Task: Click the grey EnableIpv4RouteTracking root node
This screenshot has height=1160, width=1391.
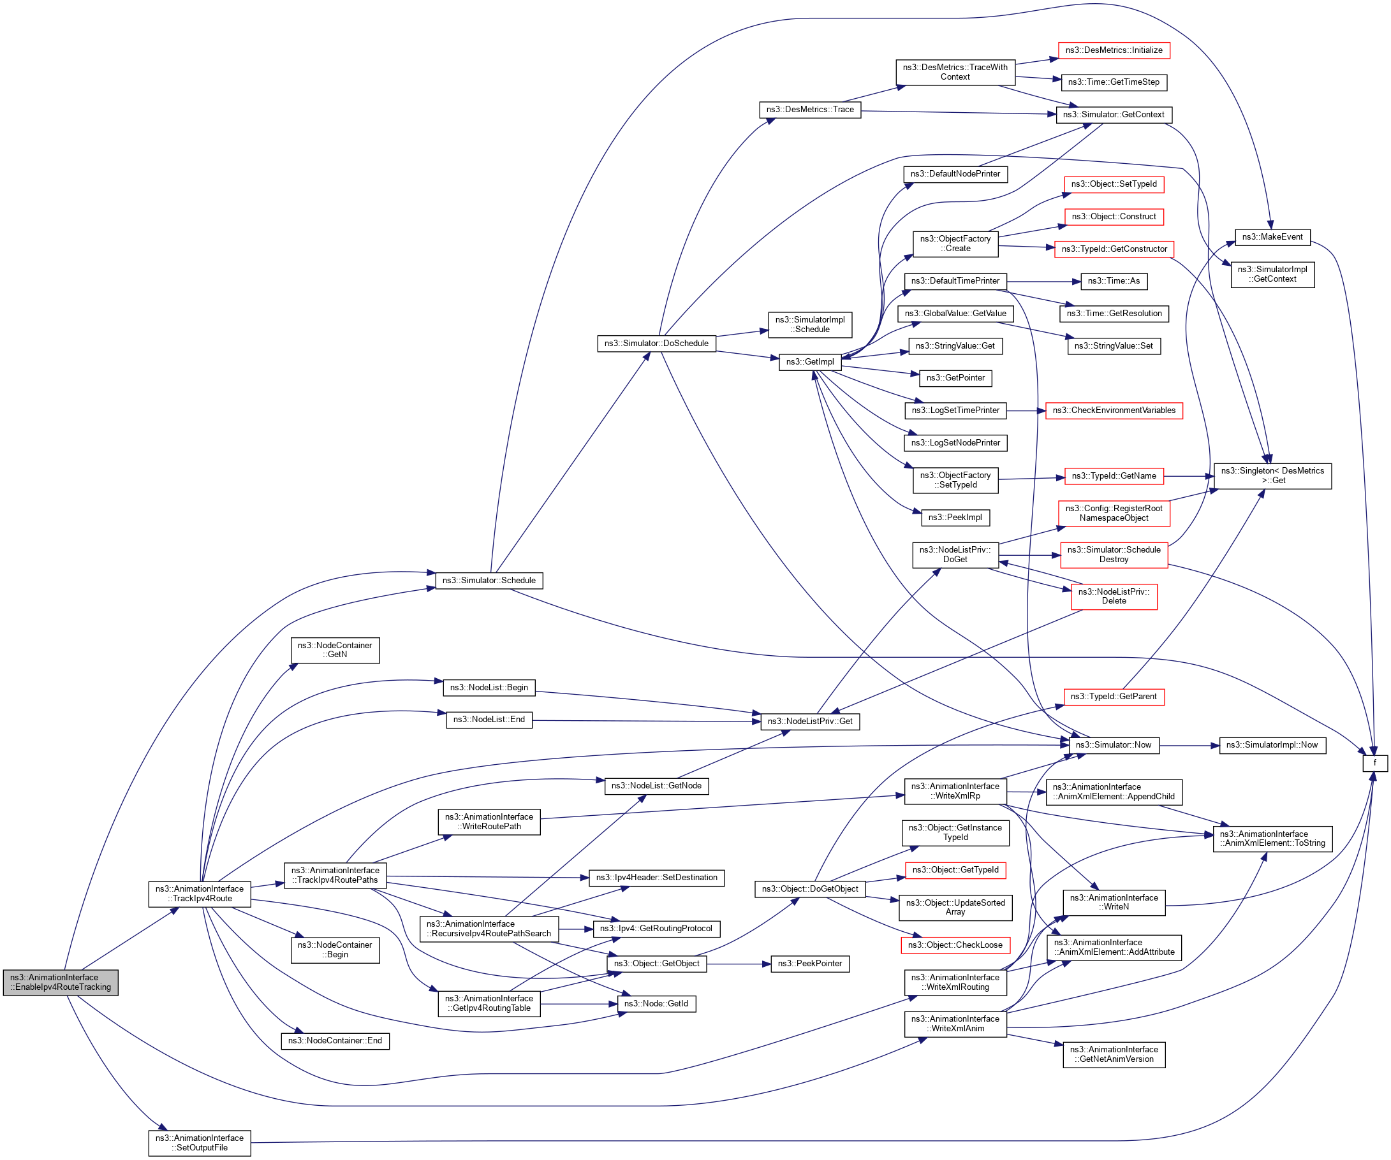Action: pos(61,983)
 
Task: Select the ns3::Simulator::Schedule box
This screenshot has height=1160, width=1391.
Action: pos(489,581)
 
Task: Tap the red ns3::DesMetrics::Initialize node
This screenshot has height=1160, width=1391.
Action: pos(1114,50)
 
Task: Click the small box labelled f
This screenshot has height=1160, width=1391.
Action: pos(1374,763)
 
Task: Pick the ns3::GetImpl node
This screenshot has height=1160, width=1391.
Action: pos(809,362)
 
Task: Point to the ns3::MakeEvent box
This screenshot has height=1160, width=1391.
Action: pos(1272,237)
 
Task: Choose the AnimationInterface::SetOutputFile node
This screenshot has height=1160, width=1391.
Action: pos(200,1143)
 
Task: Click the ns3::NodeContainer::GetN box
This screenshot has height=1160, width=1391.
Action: pos(335,650)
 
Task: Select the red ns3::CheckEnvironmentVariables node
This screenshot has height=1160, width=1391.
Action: pos(1114,410)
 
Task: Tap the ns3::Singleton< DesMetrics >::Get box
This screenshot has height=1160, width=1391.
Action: pos(1272,476)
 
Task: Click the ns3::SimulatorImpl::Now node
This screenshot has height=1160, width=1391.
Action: pos(1272,746)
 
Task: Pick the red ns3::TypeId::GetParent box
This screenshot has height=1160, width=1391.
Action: pos(1114,697)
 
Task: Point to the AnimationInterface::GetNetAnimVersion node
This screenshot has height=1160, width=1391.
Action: pos(1114,1055)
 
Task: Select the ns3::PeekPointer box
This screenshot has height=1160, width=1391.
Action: pos(809,964)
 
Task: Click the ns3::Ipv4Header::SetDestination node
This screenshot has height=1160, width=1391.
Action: pos(656,878)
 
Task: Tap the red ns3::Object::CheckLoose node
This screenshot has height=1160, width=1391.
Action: pos(955,945)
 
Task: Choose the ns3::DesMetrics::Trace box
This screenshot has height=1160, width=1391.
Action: pos(809,110)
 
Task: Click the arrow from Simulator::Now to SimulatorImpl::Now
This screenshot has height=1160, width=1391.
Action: pos(1189,746)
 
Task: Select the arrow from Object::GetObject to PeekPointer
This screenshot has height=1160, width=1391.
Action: pos(739,964)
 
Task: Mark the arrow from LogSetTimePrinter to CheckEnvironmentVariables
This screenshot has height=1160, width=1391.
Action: pos(1026,410)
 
